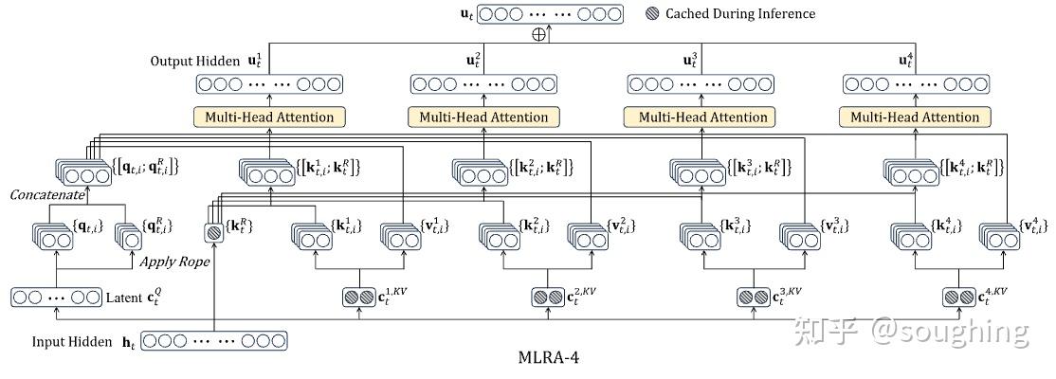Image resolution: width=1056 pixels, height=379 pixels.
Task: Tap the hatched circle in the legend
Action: (x=652, y=14)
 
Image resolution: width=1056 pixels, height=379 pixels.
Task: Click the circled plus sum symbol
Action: (x=539, y=34)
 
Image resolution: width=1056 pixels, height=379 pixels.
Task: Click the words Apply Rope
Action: (x=175, y=261)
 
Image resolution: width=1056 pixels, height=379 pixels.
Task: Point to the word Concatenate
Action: (x=46, y=194)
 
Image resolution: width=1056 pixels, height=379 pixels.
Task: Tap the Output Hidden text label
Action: (x=194, y=61)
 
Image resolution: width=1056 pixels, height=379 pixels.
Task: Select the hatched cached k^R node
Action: (x=215, y=232)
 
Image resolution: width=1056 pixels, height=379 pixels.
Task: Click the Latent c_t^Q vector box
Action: (x=56, y=297)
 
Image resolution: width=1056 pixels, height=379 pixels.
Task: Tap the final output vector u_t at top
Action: (x=550, y=14)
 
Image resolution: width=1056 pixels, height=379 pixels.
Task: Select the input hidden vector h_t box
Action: (x=215, y=340)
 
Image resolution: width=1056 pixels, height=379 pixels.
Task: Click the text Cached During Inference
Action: (x=739, y=14)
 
